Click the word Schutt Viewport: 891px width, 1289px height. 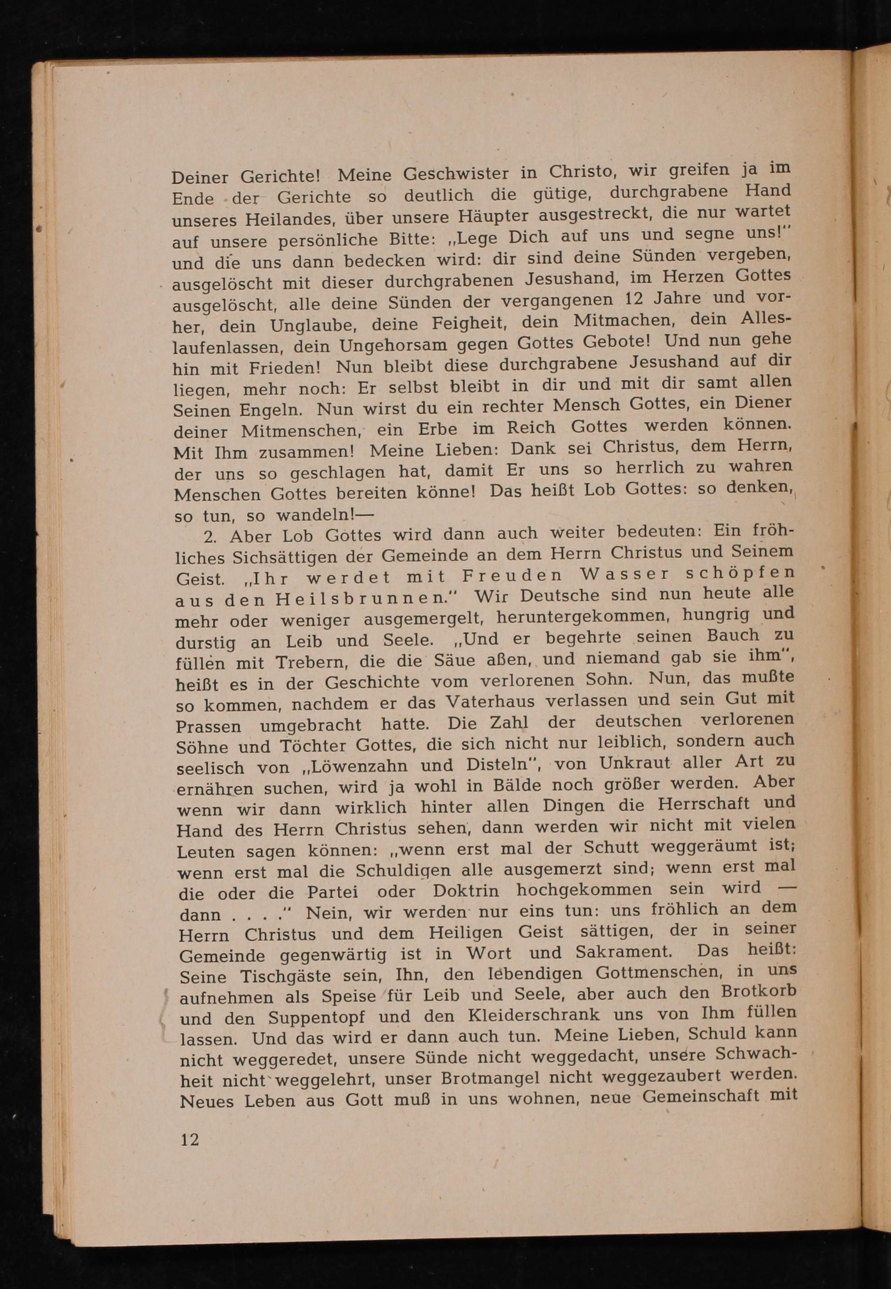click(611, 847)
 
